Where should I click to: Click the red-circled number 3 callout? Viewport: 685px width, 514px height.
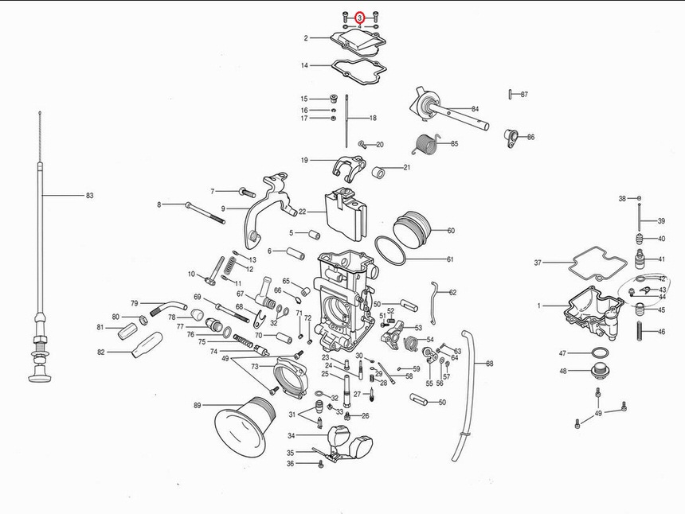click(359, 17)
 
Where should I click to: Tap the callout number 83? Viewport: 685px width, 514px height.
click(89, 195)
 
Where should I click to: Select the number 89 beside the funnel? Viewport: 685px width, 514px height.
click(198, 405)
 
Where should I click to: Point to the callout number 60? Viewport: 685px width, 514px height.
click(451, 231)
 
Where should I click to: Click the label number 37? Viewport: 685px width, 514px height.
click(538, 263)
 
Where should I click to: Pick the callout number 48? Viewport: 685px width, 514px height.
click(563, 371)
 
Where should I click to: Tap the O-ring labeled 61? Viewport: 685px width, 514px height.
click(389, 251)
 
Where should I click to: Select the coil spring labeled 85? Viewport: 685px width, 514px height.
click(429, 145)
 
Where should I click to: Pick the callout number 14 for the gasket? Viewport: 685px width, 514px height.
click(304, 65)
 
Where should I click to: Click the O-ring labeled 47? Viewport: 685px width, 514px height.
click(601, 352)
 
